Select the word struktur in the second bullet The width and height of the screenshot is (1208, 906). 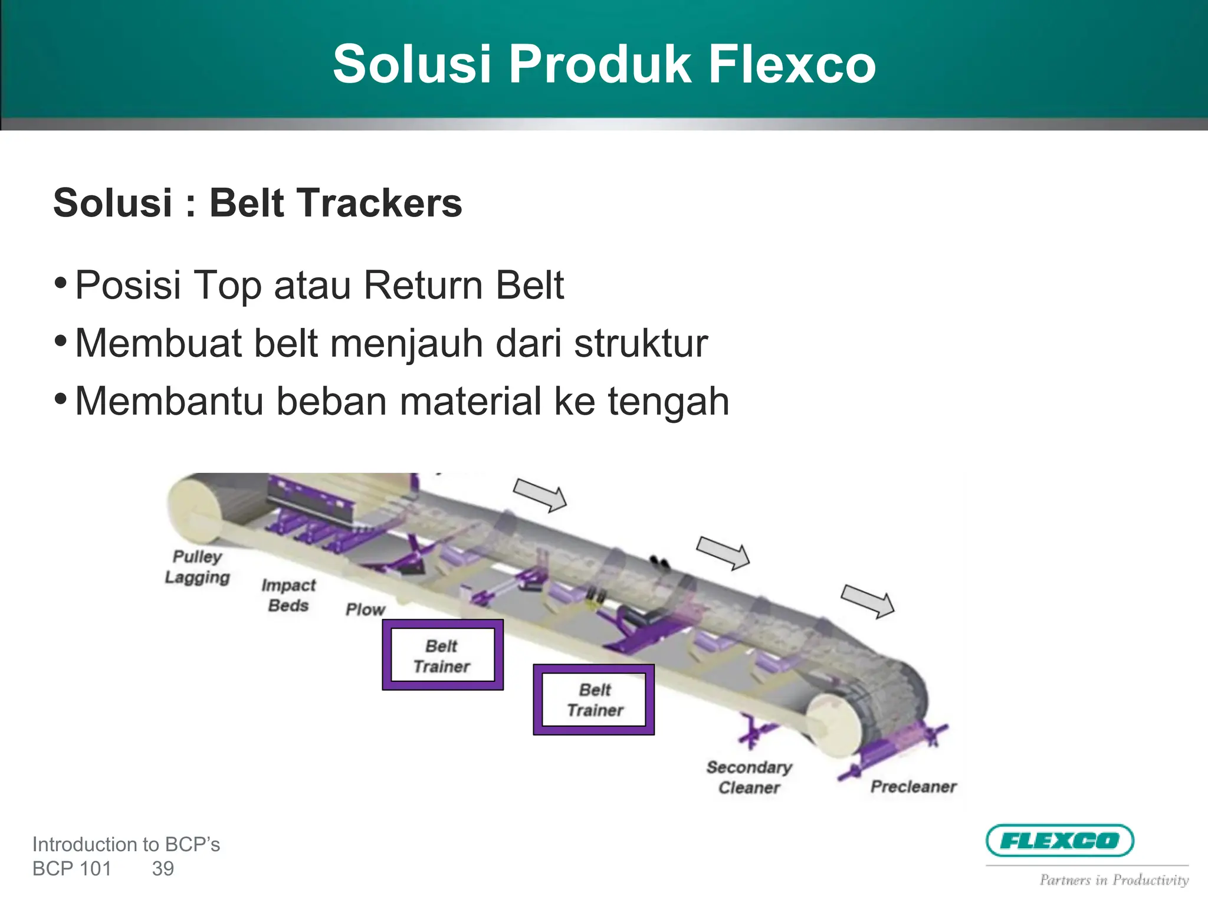tap(641, 343)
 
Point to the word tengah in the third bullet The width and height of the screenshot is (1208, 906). tap(668, 402)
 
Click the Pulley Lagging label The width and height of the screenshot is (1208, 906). tap(197, 567)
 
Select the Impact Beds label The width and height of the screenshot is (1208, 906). tap(288, 595)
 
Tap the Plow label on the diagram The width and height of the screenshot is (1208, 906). tap(365, 609)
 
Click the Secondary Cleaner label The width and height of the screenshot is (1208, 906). tap(749, 777)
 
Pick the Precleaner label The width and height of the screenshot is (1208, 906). tap(913, 786)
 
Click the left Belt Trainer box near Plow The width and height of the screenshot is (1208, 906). tap(442, 655)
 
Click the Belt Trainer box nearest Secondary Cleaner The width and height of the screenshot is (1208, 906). tap(594, 700)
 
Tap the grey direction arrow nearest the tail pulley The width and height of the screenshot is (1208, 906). tap(540, 494)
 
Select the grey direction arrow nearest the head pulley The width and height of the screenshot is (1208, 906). tap(868, 601)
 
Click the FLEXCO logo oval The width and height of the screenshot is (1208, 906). tap(1060, 841)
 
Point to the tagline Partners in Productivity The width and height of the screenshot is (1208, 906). tap(1114, 880)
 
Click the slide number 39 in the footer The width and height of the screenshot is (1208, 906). tap(163, 869)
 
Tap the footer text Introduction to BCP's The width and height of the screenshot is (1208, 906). tap(126, 845)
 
